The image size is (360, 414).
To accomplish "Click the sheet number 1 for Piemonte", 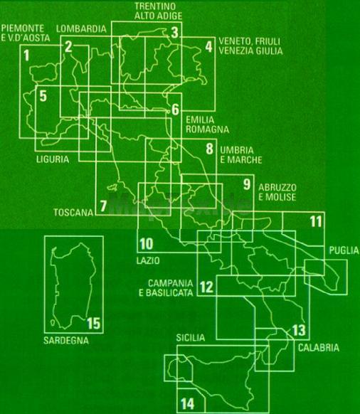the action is click(26, 55).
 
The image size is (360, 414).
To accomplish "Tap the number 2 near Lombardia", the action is click(68, 46).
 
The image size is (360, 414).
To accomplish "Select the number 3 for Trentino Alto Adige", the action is click(174, 32).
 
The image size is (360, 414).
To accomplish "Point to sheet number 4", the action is click(208, 46).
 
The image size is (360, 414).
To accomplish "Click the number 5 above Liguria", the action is click(43, 95).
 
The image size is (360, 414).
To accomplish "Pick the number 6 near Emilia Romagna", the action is click(175, 110).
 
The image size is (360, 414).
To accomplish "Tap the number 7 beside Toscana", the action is click(103, 206).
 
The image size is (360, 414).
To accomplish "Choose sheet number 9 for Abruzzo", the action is click(247, 184).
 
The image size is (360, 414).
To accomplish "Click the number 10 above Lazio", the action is click(147, 244).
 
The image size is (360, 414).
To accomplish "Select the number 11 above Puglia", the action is click(316, 221).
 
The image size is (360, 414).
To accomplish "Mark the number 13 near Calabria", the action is click(299, 330).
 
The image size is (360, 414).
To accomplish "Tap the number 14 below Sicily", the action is click(187, 404).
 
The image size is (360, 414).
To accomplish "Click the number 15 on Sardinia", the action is click(94, 323).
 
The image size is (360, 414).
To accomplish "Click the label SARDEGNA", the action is click(66, 341).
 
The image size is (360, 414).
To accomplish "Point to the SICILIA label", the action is click(191, 338).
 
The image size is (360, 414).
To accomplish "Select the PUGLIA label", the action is click(344, 250).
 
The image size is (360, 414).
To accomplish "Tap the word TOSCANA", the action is click(73, 213).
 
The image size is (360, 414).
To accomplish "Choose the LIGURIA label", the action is click(53, 159).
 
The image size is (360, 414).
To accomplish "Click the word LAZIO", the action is click(148, 260).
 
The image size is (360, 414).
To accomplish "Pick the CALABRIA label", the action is click(319, 348).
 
